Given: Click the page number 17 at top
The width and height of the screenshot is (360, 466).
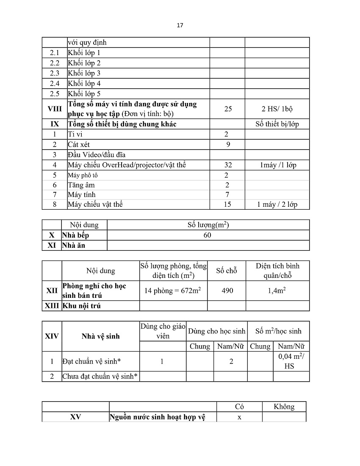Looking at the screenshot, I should point(180,25).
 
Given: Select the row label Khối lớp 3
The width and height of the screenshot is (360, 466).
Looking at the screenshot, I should point(84,73).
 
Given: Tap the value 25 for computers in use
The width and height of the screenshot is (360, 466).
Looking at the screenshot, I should point(228,109).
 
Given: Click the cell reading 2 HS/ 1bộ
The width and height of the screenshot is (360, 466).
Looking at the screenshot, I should point(277,109).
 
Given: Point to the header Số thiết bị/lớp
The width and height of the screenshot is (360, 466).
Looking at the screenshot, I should point(277,124).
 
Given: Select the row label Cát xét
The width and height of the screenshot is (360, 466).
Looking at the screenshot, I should point(79,144).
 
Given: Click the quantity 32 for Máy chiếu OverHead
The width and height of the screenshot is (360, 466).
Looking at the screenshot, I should point(228,165).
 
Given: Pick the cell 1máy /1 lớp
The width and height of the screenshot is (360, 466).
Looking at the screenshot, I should point(278,165).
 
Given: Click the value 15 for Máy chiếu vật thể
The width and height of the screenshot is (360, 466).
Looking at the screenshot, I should point(227,204).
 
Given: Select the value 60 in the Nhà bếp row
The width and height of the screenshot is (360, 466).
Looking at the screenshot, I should point(207,235).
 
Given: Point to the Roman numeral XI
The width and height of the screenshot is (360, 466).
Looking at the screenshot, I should point(52,245).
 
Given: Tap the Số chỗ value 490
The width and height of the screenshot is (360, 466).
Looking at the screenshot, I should point(227,291).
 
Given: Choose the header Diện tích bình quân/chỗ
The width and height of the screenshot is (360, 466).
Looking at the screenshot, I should point(277,271).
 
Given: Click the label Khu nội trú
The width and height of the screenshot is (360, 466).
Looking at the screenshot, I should point(81,306).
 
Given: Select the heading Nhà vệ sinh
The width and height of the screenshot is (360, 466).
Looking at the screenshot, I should point(100,336).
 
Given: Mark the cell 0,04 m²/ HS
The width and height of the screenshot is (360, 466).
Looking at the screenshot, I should point(291,361).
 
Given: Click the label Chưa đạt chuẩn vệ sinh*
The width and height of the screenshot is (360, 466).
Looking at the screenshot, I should point(100,376).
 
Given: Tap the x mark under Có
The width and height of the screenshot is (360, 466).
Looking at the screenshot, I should point(239,417).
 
